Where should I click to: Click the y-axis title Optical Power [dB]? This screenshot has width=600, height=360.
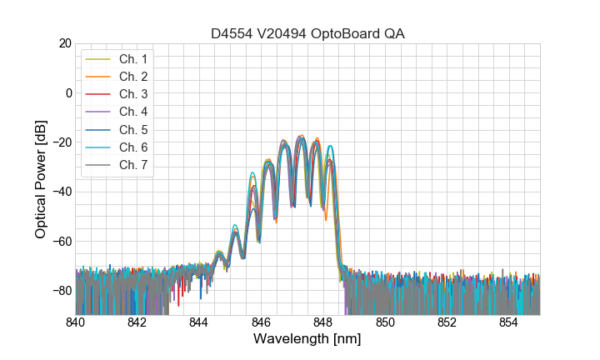(41, 179)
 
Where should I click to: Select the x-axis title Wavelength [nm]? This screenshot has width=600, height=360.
(307, 340)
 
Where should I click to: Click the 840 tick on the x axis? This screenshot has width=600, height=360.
(76, 322)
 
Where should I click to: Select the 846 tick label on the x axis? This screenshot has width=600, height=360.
(262, 322)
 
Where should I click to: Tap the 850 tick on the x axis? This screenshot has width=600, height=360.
(385, 322)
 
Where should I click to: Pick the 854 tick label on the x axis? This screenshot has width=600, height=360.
(509, 322)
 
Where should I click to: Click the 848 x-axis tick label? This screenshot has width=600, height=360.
(323, 322)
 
